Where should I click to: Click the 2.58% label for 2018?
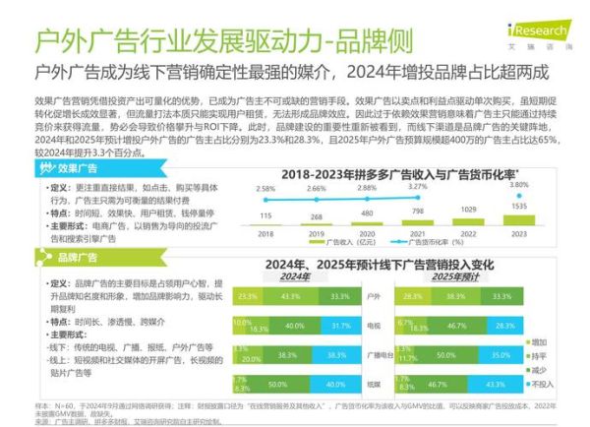pyautogui.click(x=265, y=188)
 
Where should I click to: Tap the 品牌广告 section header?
pyautogui.click(x=78, y=258)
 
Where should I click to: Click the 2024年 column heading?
pyautogui.click(x=294, y=276)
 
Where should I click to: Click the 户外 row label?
pyautogui.click(x=373, y=296)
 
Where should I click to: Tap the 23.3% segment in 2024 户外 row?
pyautogui.click(x=248, y=296)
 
